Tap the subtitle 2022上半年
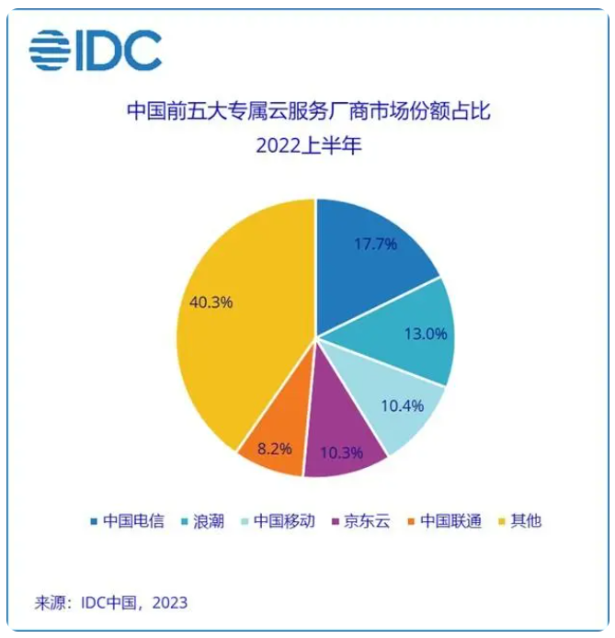point(308,145)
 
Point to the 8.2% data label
point(275,449)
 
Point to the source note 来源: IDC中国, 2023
point(111,602)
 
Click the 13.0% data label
point(424,334)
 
